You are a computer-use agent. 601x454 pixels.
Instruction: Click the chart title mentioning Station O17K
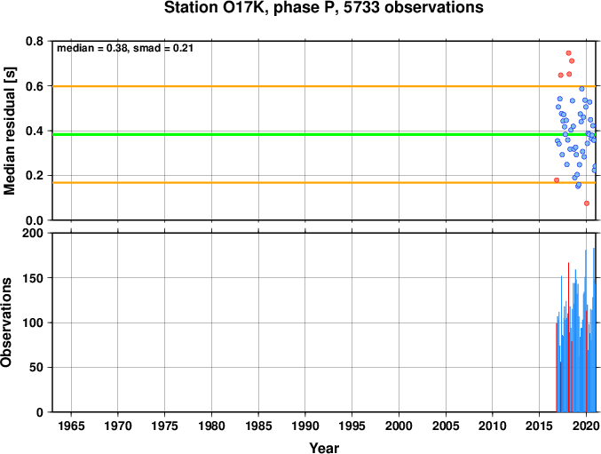click(x=324, y=8)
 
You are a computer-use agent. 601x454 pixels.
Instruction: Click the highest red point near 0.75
click(x=568, y=53)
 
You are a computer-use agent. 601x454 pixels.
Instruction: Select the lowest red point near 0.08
click(x=587, y=203)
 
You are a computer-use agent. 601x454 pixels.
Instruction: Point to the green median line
click(x=324, y=134)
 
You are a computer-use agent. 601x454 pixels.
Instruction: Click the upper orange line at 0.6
click(x=324, y=86)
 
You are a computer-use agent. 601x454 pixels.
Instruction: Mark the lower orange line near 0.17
click(x=324, y=182)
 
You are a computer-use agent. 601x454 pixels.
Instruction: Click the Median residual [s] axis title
click(x=9, y=131)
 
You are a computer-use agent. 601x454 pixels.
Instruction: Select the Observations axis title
click(x=6, y=323)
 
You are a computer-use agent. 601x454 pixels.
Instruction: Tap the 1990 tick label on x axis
click(x=305, y=426)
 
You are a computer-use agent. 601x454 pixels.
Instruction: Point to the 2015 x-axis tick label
click(x=539, y=426)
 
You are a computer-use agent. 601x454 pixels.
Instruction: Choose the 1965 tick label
click(x=71, y=426)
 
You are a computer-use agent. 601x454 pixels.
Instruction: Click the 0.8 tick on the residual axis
click(x=35, y=41)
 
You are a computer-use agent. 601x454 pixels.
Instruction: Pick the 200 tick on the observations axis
click(x=33, y=233)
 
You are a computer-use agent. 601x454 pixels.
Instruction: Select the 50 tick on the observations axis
click(x=36, y=367)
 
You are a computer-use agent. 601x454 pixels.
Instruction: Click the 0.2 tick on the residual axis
click(x=35, y=176)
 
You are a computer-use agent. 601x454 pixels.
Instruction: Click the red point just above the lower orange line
click(x=557, y=180)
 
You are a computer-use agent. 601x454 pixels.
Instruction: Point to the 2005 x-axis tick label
click(x=446, y=426)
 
